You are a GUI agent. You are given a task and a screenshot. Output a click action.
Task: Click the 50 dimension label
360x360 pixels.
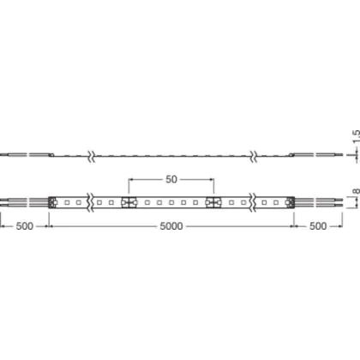pos(171,179)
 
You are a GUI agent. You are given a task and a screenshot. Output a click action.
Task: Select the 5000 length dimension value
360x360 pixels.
pos(171,226)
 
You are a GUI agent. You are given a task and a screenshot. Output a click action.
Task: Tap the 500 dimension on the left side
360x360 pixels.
pos(25,226)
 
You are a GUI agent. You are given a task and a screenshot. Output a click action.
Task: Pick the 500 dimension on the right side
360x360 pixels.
pos(318,226)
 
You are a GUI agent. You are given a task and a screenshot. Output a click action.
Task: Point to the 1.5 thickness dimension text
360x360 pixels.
pos(356,137)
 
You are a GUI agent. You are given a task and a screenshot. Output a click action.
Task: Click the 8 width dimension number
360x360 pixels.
pos(356,191)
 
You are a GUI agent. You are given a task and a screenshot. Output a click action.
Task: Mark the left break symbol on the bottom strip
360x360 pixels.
pos(91,202)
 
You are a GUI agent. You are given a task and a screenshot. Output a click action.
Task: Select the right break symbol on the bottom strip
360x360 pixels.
pos(253,202)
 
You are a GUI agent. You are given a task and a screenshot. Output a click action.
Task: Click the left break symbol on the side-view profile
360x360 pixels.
pos(91,156)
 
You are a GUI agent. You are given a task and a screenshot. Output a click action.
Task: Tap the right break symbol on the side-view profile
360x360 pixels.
pos(253,156)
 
